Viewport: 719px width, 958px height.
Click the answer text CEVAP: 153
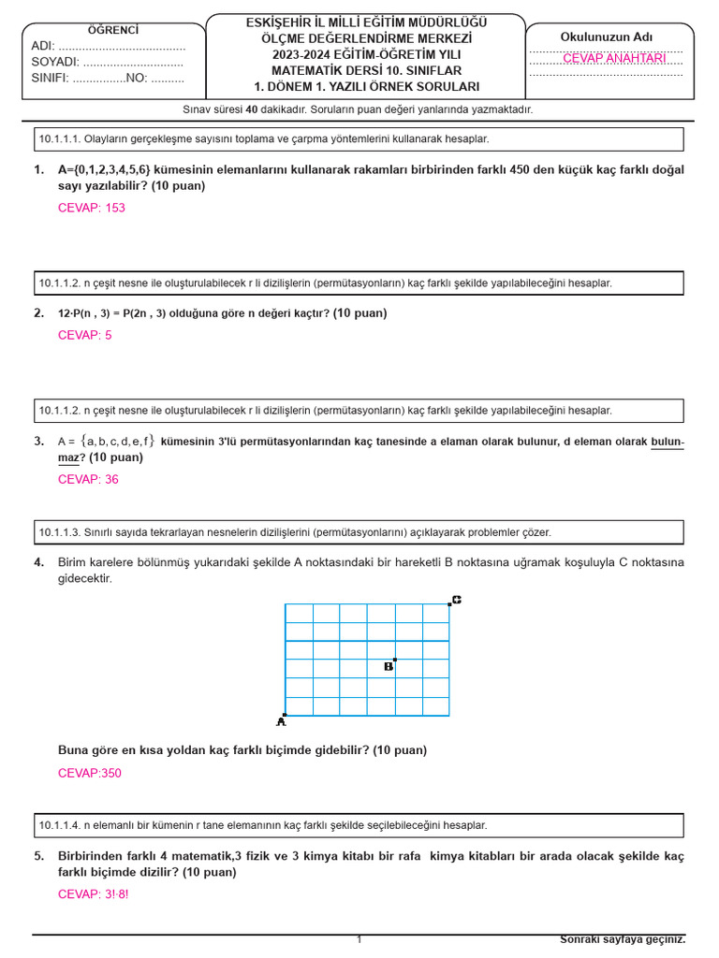coord(91,208)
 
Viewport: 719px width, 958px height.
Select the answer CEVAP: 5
coord(84,335)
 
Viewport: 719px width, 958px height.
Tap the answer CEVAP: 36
coord(88,479)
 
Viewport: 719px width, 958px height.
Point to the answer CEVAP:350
coord(89,773)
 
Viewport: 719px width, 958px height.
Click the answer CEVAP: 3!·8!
coord(93,893)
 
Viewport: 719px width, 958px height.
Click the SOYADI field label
coord(55,62)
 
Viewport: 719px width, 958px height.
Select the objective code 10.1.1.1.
coord(59,139)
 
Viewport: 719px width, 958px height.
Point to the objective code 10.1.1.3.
coord(59,532)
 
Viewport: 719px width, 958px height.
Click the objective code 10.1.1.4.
coord(59,825)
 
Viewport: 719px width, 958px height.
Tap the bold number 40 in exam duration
coord(251,109)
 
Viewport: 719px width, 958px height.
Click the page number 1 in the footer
coord(359,939)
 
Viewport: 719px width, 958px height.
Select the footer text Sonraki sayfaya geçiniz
coord(622,939)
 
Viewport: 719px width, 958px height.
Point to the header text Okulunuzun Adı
coord(607,36)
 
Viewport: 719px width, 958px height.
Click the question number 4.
coord(38,562)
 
